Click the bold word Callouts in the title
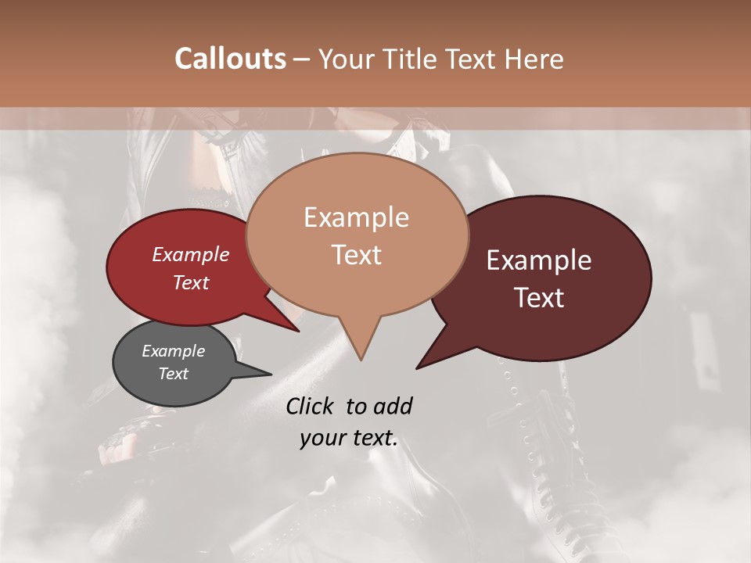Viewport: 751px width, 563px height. click(230, 59)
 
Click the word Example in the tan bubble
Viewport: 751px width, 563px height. click(356, 217)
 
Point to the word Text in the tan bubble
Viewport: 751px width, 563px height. click(356, 255)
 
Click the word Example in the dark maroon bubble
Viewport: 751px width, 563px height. click(539, 260)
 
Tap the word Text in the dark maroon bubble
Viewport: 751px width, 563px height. click(539, 298)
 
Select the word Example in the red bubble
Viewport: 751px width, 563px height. click(191, 254)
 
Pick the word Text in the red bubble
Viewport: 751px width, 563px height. click(191, 282)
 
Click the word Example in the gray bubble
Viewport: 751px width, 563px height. click(174, 351)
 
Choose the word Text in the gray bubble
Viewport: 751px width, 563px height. click(174, 374)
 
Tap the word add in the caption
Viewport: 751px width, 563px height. click(393, 406)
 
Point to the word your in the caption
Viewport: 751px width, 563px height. click(322, 439)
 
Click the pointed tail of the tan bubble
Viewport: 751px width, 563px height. click(361, 356)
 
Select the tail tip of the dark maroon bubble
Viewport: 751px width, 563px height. click(419, 366)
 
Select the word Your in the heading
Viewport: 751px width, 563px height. click(343, 59)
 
